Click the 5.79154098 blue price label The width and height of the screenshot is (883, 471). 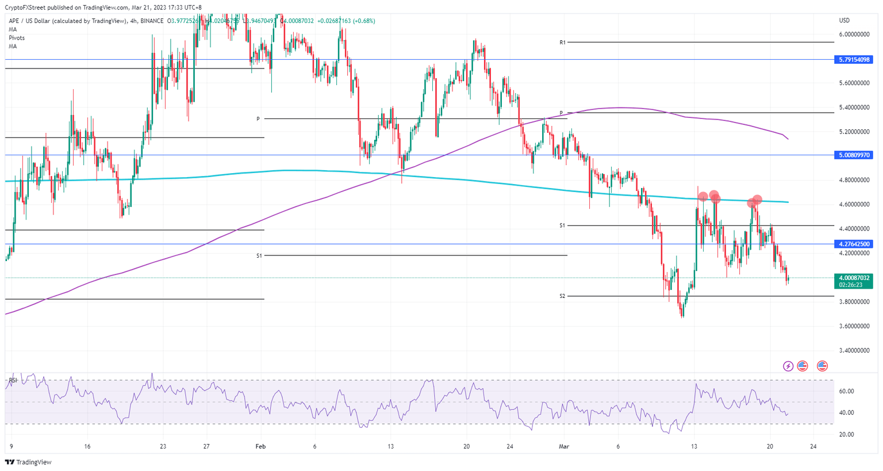pyautogui.click(x=854, y=59)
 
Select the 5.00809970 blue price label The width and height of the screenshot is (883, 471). pyautogui.click(x=854, y=155)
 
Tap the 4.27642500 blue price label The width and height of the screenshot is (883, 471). pyautogui.click(x=854, y=244)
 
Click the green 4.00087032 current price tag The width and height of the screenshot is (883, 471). pyautogui.click(x=854, y=278)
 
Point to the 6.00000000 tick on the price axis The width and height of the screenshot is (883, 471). pyautogui.click(x=854, y=35)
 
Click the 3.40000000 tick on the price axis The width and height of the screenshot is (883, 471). pyautogui.click(x=854, y=350)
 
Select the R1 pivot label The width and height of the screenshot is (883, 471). pyautogui.click(x=563, y=43)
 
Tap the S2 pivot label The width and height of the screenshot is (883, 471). pyautogui.click(x=563, y=296)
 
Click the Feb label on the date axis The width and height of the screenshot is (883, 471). pyautogui.click(x=260, y=446)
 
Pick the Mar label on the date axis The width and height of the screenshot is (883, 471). pyautogui.click(x=563, y=446)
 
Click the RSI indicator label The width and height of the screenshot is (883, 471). pyautogui.click(x=13, y=380)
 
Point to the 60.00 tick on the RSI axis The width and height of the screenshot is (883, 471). pyautogui.click(x=846, y=391)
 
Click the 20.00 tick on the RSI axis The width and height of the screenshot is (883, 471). pyautogui.click(x=846, y=434)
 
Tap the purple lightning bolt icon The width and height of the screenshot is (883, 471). pyautogui.click(x=788, y=366)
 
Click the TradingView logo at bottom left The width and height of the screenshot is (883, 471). pyautogui.click(x=28, y=462)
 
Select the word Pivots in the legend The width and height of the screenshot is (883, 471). pyautogui.click(x=17, y=38)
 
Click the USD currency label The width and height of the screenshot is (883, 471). pyautogui.click(x=844, y=21)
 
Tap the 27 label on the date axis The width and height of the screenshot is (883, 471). pyautogui.click(x=206, y=446)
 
